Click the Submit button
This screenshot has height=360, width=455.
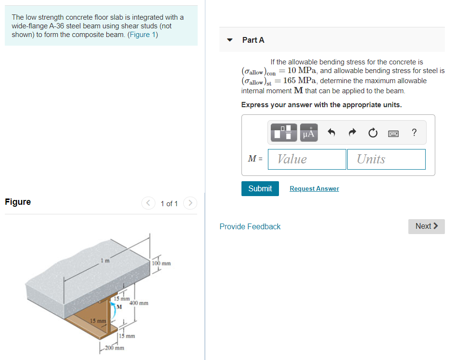(x=260, y=188)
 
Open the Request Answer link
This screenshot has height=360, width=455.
(x=314, y=189)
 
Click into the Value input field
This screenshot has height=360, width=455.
(x=307, y=159)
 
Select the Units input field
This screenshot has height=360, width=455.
(x=386, y=159)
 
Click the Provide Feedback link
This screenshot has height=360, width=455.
(x=250, y=226)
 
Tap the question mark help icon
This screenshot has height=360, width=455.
(x=414, y=133)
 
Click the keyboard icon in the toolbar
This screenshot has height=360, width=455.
(x=393, y=133)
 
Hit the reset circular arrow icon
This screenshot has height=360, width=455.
(x=373, y=133)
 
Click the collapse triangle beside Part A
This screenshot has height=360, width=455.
(x=229, y=40)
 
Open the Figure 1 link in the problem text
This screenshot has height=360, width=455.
(x=143, y=35)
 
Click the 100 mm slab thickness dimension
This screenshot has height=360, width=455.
(x=161, y=263)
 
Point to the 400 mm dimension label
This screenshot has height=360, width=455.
(x=139, y=303)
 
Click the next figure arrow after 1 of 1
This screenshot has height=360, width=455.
(x=190, y=203)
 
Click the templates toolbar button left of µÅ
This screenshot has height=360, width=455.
(x=284, y=133)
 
